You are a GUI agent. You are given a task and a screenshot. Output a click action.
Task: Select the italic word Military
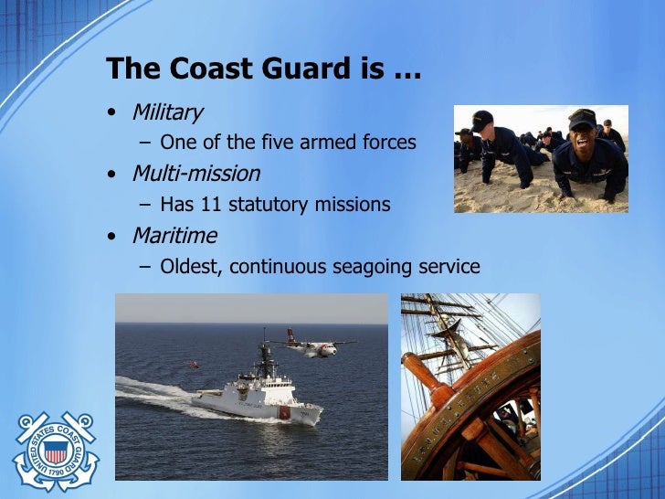coord(167,112)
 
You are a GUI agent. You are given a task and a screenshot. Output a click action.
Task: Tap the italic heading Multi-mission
coord(195,174)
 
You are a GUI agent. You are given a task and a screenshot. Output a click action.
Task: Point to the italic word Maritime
coord(174,236)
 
